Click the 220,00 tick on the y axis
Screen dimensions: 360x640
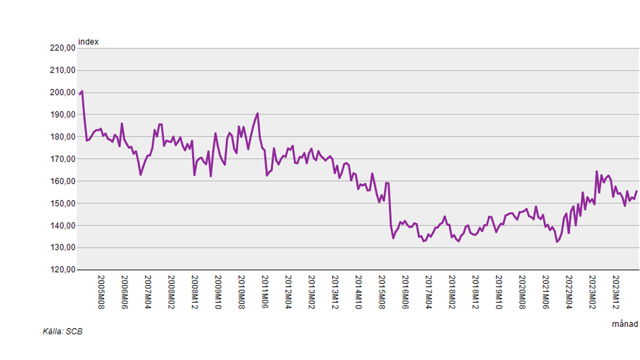pyautogui.click(x=62, y=49)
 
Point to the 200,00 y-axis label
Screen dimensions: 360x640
pyautogui.click(x=62, y=93)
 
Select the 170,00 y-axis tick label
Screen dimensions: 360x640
pyautogui.click(x=62, y=159)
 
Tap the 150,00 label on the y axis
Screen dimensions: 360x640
pyautogui.click(x=62, y=203)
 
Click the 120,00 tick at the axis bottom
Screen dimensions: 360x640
pyautogui.click(x=62, y=270)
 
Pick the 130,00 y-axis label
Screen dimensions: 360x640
pyautogui.click(x=62, y=248)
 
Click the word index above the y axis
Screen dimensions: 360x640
pyautogui.click(x=88, y=42)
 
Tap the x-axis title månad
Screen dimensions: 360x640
pyautogui.click(x=624, y=324)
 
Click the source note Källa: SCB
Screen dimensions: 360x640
pyautogui.click(x=62, y=331)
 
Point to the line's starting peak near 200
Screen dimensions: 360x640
pyautogui.click(x=82, y=91)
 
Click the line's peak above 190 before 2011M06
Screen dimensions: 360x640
pyautogui.click(x=258, y=113)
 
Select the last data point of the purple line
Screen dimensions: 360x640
pyautogui.click(x=636, y=191)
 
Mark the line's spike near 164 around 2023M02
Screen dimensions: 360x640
pyautogui.click(x=597, y=171)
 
